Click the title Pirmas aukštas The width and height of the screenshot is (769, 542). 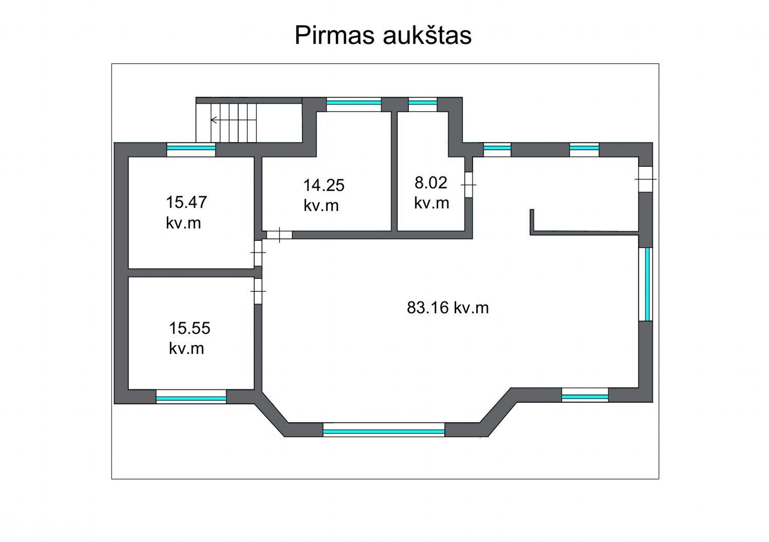[383, 35]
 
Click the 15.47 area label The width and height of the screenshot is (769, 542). [186, 213]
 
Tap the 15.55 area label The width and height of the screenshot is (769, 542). [189, 338]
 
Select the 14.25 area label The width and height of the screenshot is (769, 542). [323, 195]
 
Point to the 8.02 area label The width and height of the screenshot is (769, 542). [431, 193]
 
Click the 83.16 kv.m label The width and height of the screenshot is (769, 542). [448, 308]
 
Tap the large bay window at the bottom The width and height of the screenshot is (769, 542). [384, 429]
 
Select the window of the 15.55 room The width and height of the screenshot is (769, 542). [191, 397]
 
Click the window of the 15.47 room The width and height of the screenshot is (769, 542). [191, 149]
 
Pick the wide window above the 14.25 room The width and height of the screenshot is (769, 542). [354, 104]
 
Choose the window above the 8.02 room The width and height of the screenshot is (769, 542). [423, 104]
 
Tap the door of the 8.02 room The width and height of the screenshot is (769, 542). [469, 185]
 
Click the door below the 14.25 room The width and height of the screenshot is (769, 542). [279, 235]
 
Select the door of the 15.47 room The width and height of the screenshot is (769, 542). [258, 253]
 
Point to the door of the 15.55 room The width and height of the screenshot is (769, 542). [258, 291]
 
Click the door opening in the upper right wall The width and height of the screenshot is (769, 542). [646, 179]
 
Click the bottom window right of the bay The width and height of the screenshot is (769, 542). [585, 395]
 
